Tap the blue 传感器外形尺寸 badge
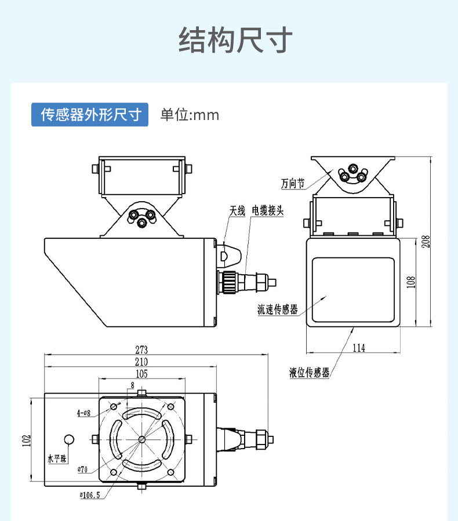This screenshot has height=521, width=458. tap(90, 115)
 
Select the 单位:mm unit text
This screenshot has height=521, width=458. tap(190, 115)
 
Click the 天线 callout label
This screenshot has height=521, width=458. tap(238, 210)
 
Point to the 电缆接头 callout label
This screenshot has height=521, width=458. tap(267, 210)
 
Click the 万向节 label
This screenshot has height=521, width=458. tap(293, 184)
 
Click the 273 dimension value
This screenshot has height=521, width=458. tap(141, 350)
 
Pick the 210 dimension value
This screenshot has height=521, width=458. tap(141, 362)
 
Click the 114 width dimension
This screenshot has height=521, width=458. tap(359, 348)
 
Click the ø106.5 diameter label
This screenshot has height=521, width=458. tap(91, 495)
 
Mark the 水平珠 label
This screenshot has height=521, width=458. tap(57, 459)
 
